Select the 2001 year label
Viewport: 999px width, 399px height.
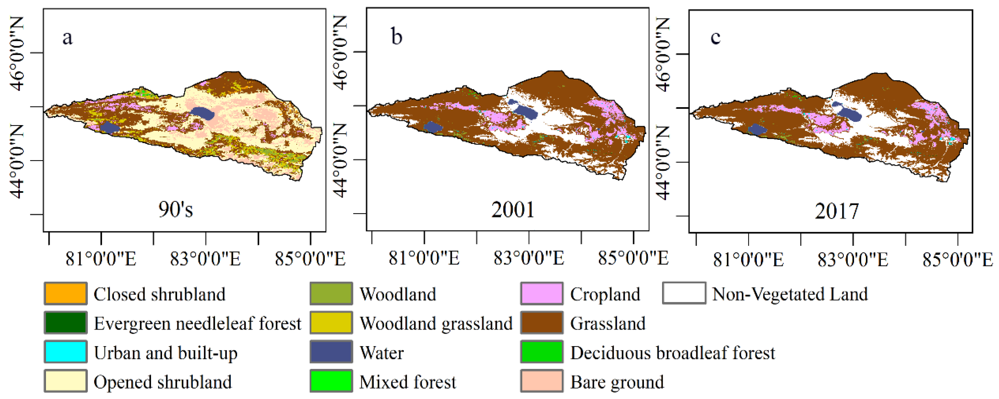(513, 210)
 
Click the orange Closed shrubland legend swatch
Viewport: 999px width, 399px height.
(65, 293)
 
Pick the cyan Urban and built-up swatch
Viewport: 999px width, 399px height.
(65, 352)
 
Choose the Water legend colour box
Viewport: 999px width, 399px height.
(331, 352)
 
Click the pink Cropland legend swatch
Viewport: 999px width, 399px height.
(541, 293)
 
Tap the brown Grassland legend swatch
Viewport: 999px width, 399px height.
(541, 323)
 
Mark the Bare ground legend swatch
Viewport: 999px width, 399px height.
(541, 381)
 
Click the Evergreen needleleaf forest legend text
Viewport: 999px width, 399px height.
(197, 323)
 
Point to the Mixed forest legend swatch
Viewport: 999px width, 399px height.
(331, 381)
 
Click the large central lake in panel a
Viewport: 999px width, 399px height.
(202, 113)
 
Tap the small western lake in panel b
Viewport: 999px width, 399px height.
(433, 127)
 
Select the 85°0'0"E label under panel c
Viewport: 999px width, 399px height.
(957, 260)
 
